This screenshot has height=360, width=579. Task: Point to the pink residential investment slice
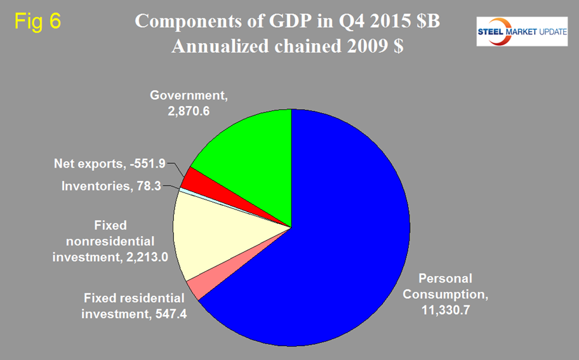(x=197, y=287)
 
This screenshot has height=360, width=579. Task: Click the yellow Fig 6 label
(x=37, y=20)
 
